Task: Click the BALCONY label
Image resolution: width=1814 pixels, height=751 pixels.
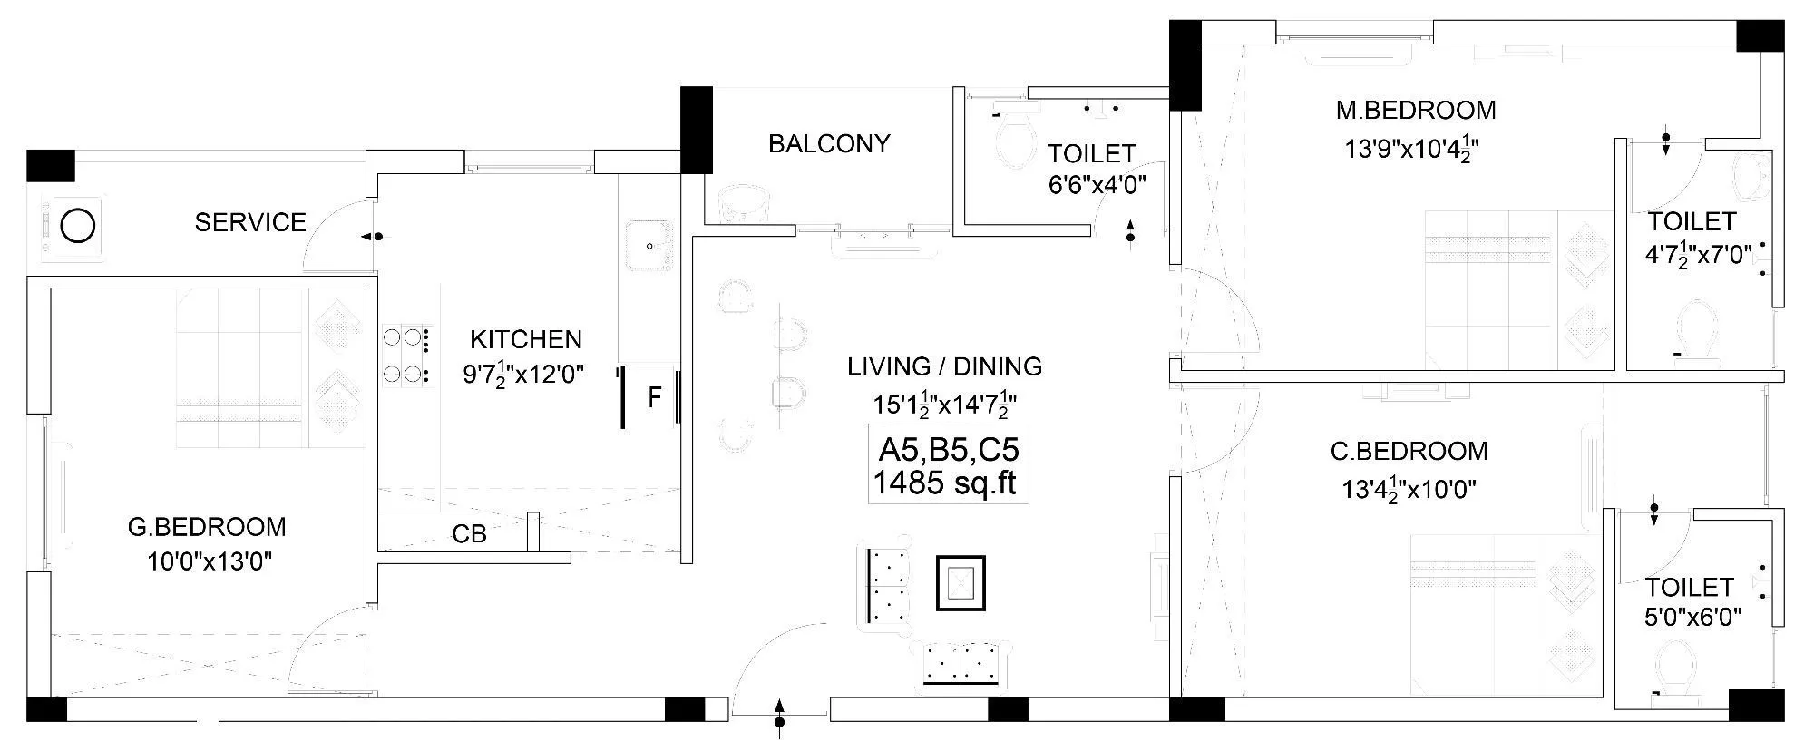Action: pos(829,143)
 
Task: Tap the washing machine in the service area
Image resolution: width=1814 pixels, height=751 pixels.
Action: pos(77,226)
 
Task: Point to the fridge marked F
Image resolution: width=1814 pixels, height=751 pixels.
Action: pos(653,397)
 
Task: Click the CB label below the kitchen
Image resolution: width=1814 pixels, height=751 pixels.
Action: pos(469,534)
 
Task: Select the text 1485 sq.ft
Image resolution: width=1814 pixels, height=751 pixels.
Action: pos(944,483)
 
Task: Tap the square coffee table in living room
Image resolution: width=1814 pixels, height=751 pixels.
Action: pos(961,582)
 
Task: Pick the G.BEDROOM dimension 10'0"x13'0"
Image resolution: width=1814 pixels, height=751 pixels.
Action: pos(210,562)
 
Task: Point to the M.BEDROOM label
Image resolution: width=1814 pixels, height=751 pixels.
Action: pos(1416,111)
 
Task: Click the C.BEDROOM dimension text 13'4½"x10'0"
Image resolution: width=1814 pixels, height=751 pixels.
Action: pos(1409,490)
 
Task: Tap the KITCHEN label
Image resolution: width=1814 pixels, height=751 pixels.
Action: pos(526,339)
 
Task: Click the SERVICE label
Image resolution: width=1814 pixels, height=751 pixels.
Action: pos(250,222)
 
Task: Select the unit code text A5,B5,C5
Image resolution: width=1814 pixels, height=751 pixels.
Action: pos(948,450)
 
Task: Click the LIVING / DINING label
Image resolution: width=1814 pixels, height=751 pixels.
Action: pos(944,366)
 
